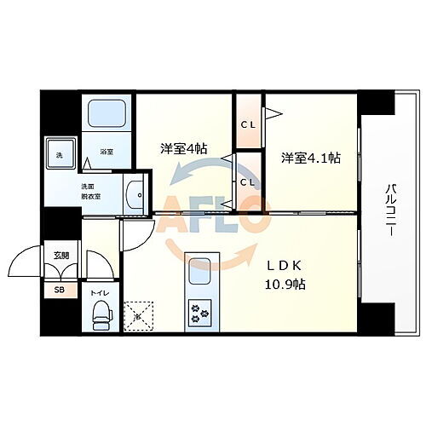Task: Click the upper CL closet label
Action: point(248,125)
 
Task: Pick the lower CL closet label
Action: point(248,181)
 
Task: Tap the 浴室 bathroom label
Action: point(107,153)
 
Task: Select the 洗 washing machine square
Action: point(60,154)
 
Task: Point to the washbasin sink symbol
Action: point(135,196)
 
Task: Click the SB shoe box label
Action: point(59,291)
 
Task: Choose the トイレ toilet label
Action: point(100,292)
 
